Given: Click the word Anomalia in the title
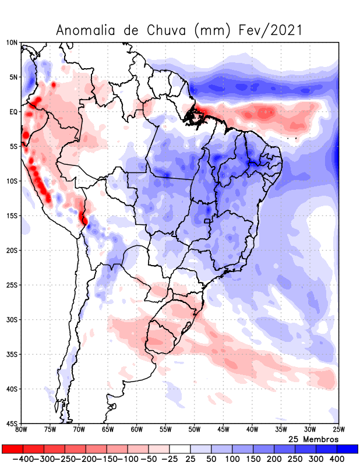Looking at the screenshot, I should (x=86, y=30).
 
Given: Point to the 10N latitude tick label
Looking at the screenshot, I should (x=12, y=43).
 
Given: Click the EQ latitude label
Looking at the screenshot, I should (x=13, y=112).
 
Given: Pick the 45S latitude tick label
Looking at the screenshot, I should (x=12, y=423).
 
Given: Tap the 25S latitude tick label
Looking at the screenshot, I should (x=12, y=285).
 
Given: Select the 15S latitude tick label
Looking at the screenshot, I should (x=12, y=216).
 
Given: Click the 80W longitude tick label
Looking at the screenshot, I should (x=22, y=430).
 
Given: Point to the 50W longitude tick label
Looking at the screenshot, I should (x=194, y=430).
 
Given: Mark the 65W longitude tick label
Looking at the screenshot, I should (x=108, y=430).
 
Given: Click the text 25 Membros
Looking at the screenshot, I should (x=313, y=439).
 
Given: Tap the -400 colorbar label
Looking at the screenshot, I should (x=22, y=459).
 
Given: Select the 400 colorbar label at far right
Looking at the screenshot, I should (x=337, y=459).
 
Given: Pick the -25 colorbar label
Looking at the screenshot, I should (x=169, y=459).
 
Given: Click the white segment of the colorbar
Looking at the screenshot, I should (x=179, y=449).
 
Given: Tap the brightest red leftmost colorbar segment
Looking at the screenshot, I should (x=12, y=449).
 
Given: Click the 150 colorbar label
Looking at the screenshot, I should (x=253, y=459).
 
